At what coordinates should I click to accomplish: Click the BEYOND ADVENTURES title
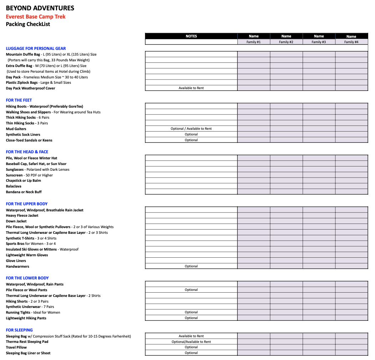coord(40,8)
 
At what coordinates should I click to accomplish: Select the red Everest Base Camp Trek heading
coord(36,16)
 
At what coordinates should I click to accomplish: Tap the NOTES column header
coord(191,36)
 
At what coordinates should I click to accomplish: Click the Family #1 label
coord(253,42)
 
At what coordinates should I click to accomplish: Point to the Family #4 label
coord(351,42)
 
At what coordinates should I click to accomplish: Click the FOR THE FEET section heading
coord(19,100)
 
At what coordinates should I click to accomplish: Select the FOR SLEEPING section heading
coord(19,330)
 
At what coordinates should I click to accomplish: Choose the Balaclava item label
coord(14,186)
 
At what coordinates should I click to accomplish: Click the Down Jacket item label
coord(16,221)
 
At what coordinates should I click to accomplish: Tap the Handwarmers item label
coord(17,266)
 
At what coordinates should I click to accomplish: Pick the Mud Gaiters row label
coord(16,129)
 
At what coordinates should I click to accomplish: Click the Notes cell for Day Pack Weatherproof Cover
coord(191,88)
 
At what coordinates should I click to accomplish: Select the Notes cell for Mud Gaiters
coord(191,129)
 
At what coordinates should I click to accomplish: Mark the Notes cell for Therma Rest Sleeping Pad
coord(191,342)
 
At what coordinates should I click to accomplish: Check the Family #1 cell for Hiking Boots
coord(253,106)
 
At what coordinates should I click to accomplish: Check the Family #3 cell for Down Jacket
coord(319,221)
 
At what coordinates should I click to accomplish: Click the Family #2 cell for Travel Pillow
coord(286,347)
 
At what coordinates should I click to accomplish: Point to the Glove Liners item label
coord(16,261)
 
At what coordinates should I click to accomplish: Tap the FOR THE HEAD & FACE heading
coord(27,152)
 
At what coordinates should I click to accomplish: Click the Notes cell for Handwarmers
coord(191,266)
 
